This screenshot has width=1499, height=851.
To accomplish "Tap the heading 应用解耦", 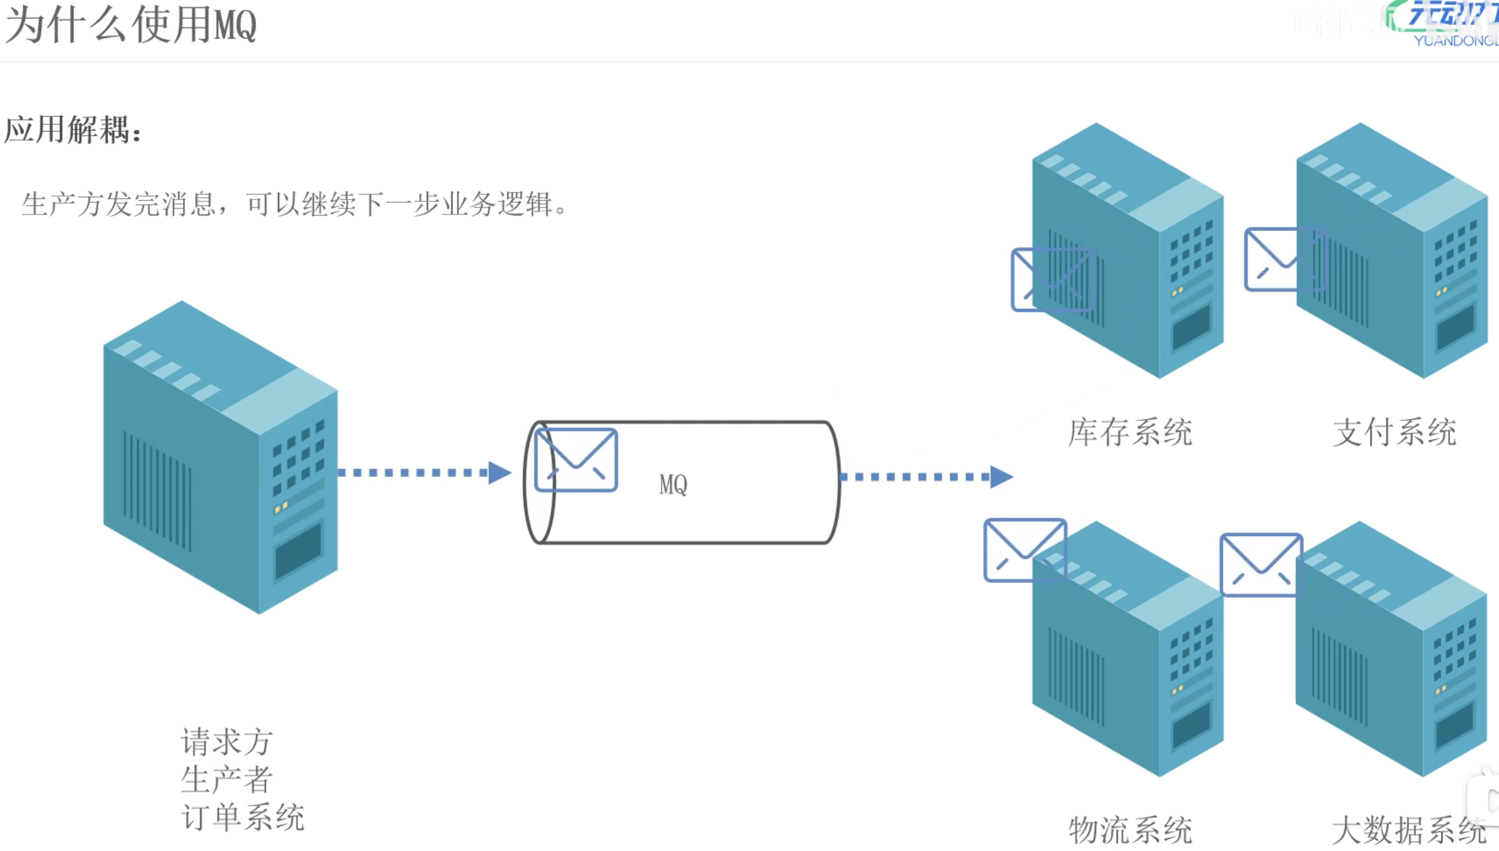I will (73, 129).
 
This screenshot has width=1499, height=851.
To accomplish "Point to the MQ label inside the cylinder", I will (673, 484).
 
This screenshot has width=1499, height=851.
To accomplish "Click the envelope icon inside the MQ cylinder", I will (576, 460).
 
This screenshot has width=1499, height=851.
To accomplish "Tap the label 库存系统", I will (1130, 432).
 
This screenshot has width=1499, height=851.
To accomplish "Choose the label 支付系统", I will (1394, 432).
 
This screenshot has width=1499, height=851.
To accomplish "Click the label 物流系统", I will (1130, 830).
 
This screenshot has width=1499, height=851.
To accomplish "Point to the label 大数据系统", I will (1408, 830).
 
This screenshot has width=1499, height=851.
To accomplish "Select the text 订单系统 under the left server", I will (242, 817).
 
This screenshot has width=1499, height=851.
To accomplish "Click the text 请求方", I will (226, 742).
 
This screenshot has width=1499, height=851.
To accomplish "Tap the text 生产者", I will (226, 779).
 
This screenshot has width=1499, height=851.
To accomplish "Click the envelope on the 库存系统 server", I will (1051, 280).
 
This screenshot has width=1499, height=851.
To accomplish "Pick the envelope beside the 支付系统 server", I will (1285, 260).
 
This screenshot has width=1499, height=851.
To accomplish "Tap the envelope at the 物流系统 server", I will (1024, 550).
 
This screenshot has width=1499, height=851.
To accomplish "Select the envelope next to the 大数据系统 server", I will (1261, 564).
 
